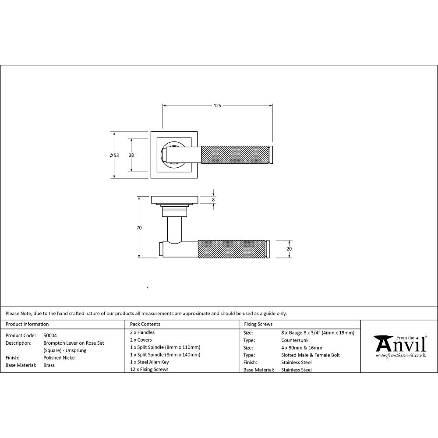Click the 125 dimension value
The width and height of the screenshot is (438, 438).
[x=217, y=106]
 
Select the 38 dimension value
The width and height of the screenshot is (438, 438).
[x=131, y=155]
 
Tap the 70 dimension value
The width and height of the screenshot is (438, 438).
[x=139, y=228]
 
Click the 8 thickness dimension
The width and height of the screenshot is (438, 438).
[x=213, y=200]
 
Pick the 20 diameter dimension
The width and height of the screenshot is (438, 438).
[x=289, y=249]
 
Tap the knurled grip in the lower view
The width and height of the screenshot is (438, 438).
[x=232, y=249]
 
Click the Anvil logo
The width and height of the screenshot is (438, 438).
[x=399, y=346]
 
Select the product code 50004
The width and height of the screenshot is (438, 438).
[x=50, y=336]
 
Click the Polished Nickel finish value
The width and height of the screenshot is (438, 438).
[x=60, y=358]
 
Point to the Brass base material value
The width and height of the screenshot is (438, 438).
[x=49, y=365]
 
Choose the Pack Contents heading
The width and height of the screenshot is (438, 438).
[x=145, y=325]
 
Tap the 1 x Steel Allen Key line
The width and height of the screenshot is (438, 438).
[x=149, y=362]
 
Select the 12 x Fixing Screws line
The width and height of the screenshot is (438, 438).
[x=149, y=370]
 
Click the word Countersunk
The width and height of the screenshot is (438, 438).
[x=295, y=340]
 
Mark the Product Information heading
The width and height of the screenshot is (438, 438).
[x=27, y=325]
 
